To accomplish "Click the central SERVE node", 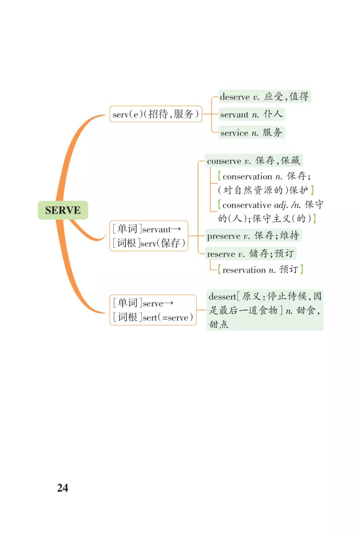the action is coord(63,210).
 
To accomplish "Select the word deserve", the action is coord(235,97).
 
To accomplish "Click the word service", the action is coord(234,133).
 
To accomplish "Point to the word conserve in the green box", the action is coord(224,161).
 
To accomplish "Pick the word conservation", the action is coord(247,176).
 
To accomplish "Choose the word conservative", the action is coord(247,205).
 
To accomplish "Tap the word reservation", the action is coord(244,270).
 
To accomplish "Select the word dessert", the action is coord(222,297).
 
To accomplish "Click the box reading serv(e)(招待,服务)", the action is coord(156,114).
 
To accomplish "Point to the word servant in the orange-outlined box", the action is coord(157,229).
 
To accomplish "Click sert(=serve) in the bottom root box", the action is coord(168,318).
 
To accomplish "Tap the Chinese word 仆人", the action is coord(273,114).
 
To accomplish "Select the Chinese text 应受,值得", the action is coord(286,97).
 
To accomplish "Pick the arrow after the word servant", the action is coord(176,229).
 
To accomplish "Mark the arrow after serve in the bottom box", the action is coord(168,304).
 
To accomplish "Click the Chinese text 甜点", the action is coord(219,324).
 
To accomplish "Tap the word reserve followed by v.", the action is coord(221,254).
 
